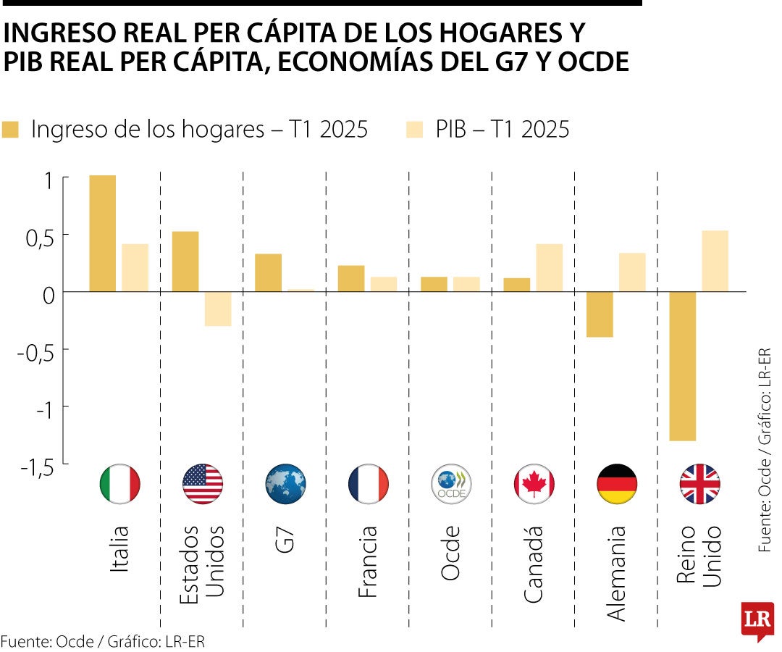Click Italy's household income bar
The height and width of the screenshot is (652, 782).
[102, 233]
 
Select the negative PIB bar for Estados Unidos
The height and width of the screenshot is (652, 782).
[218, 309]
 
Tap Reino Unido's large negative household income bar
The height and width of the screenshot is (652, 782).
[682, 366]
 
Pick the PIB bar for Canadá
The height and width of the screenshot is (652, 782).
[549, 268]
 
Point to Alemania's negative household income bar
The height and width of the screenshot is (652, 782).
[600, 314]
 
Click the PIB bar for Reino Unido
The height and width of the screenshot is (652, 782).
[715, 261]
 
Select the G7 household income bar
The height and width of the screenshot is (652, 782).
[268, 272]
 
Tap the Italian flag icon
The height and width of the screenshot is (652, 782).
[120, 484]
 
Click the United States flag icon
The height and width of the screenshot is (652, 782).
[203, 484]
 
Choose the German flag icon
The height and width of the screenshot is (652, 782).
[617, 484]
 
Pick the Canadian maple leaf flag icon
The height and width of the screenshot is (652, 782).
[534, 484]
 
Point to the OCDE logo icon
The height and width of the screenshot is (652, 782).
[451, 484]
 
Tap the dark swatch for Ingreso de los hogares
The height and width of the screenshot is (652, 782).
[10, 130]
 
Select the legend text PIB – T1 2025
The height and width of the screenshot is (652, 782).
[502, 130]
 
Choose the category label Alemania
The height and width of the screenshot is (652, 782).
[616, 572]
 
